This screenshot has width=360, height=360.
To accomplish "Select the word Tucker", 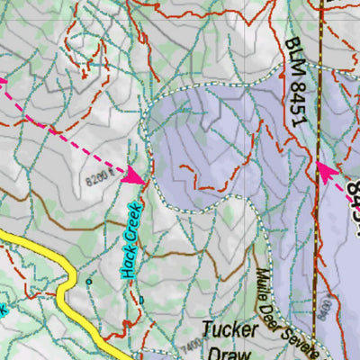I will (x=229, y=328).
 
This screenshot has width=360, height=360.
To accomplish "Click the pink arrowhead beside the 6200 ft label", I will (x=134, y=176).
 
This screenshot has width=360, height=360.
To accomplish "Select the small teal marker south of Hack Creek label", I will (x=140, y=300).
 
